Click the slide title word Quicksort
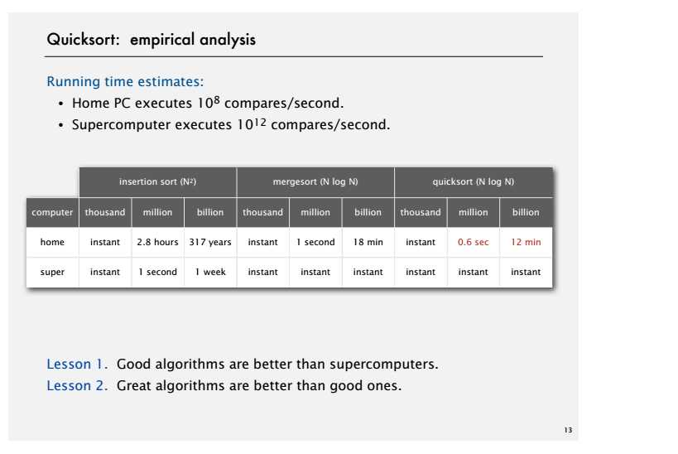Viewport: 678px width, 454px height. (84, 40)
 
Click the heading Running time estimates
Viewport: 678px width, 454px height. (125, 82)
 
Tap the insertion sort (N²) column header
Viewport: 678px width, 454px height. (157, 181)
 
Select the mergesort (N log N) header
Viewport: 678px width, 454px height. (315, 181)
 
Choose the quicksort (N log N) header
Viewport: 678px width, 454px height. (473, 181)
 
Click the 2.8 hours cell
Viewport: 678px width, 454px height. (157, 242)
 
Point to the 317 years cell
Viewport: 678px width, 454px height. (210, 242)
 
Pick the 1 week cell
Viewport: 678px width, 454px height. (210, 272)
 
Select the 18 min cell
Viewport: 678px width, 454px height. (368, 242)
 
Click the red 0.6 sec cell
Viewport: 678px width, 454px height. (473, 242)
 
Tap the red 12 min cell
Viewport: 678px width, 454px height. (526, 242)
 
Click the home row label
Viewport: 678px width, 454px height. (52, 242)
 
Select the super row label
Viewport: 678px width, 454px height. (52, 272)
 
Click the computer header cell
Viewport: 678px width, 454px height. (52, 212)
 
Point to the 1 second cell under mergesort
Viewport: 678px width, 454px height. (315, 242)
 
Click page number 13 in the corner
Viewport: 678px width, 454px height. (567, 430)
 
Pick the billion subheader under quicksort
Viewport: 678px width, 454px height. (526, 212)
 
